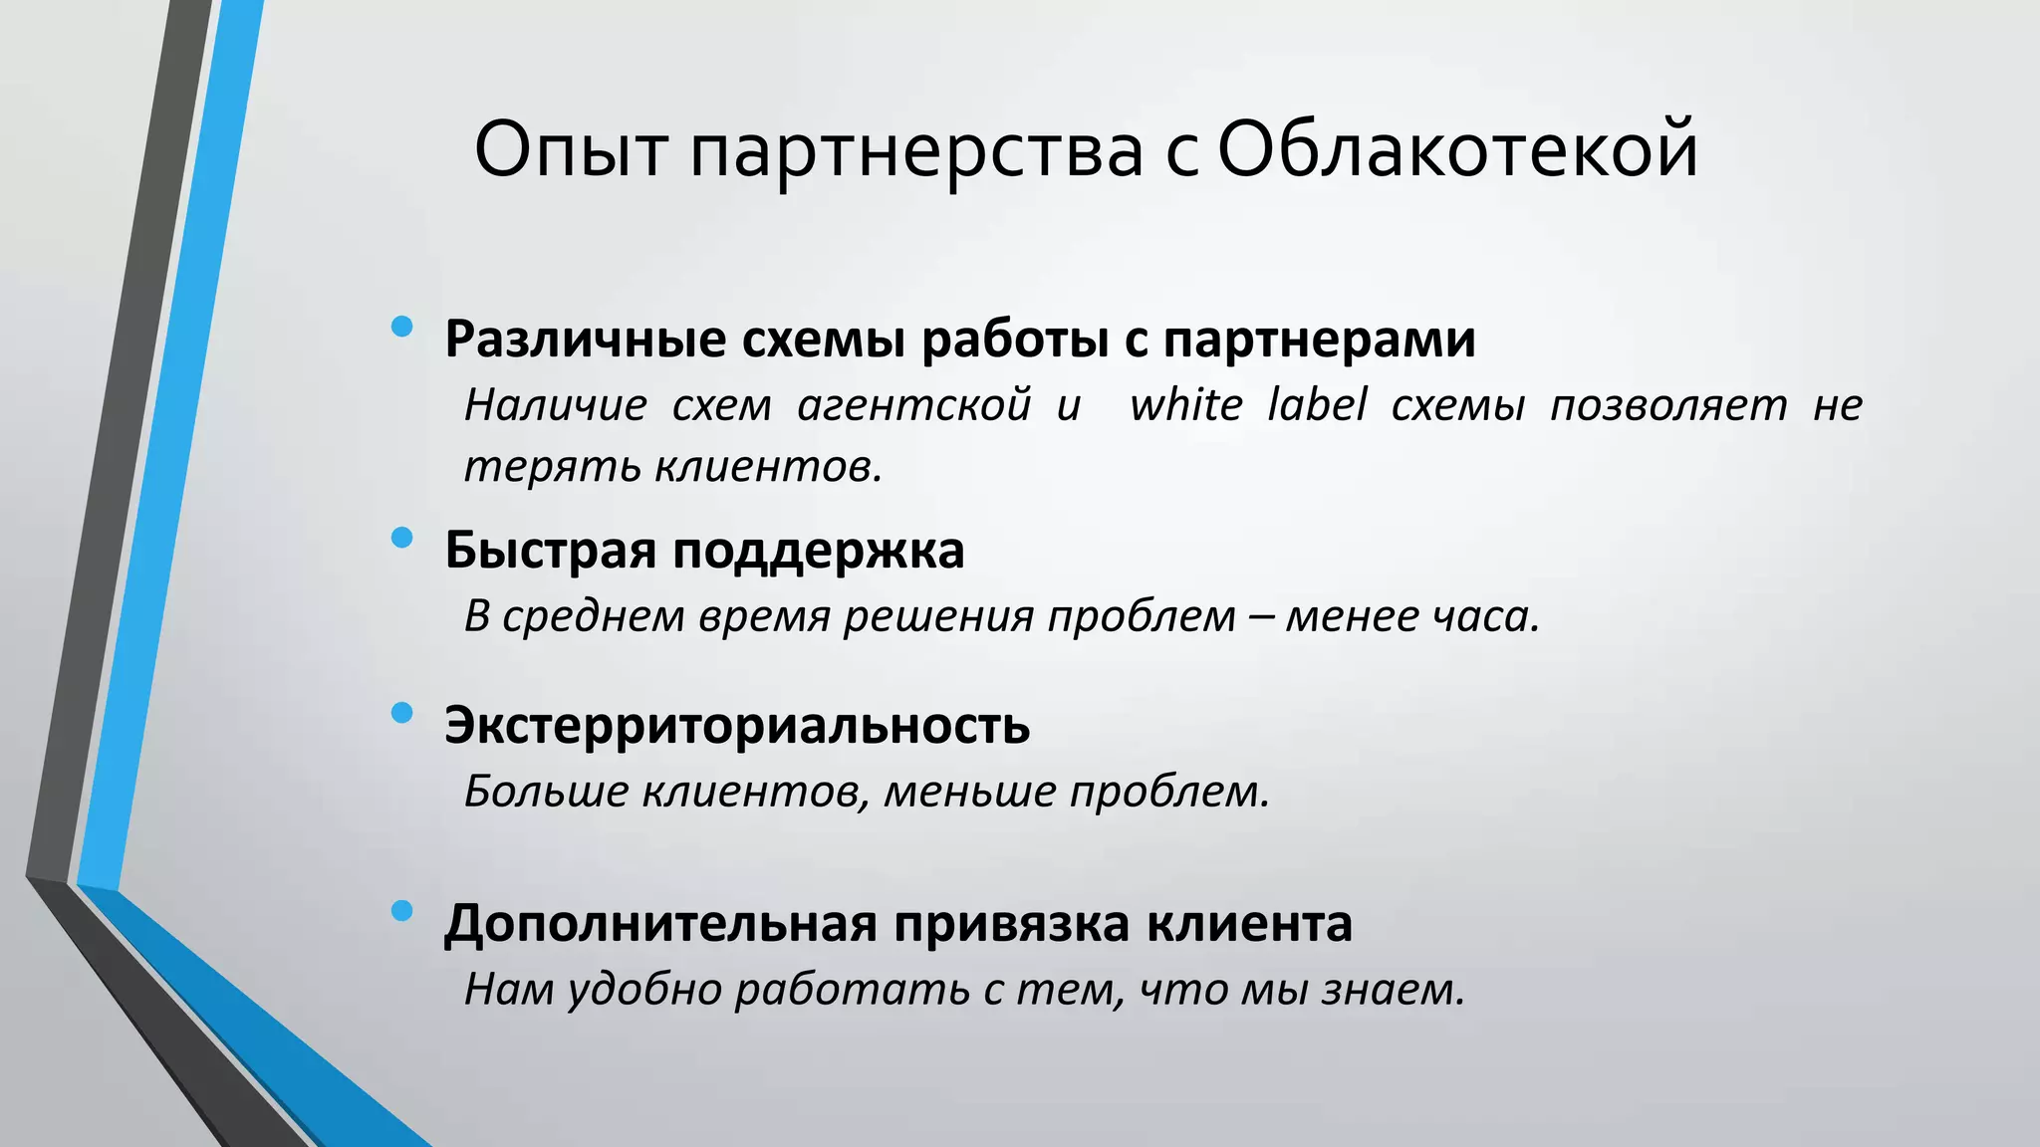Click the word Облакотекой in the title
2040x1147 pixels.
[1456, 149]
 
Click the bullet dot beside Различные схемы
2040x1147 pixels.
[402, 327]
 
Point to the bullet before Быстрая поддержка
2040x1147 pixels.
[402, 538]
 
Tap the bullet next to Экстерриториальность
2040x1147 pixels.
[402, 712]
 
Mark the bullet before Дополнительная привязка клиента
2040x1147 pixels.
[402, 910]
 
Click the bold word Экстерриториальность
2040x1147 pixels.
[737, 725]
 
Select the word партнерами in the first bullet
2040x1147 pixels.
[1319, 340]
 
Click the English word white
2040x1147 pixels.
[1186, 404]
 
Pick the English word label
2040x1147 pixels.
[1317, 404]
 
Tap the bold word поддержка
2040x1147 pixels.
[819, 551]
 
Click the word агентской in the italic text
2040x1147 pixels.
[914, 404]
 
